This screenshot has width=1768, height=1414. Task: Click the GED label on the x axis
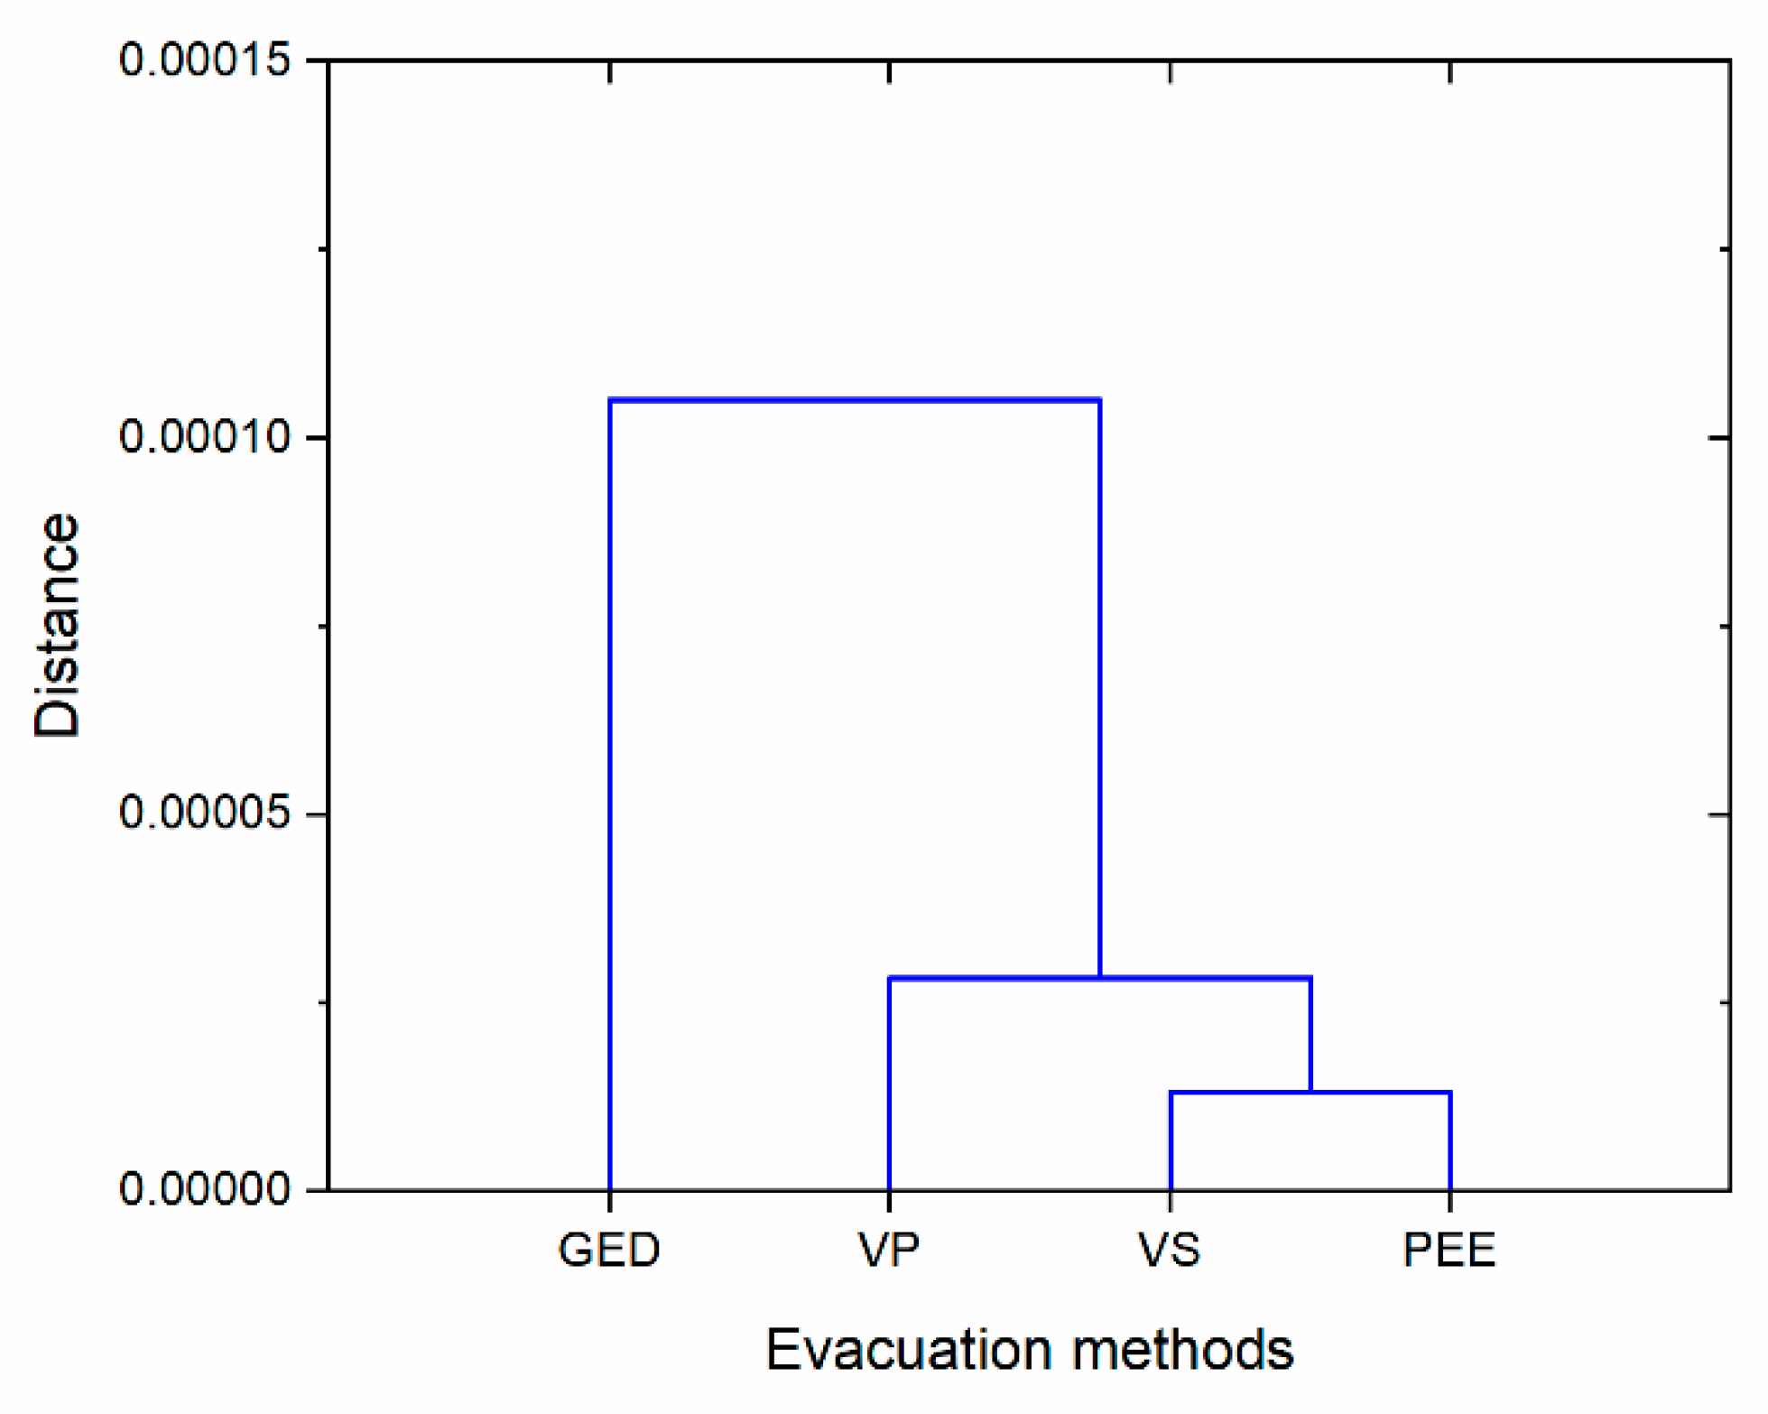[x=609, y=1251]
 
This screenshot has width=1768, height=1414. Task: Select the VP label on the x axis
[x=889, y=1251]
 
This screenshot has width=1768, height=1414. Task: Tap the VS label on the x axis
[x=1170, y=1251]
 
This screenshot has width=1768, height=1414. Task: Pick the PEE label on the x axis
[x=1449, y=1251]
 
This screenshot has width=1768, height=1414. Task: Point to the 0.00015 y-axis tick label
[x=205, y=60]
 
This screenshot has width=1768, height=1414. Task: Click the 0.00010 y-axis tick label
[x=205, y=437]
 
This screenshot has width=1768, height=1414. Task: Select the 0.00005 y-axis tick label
[x=205, y=814]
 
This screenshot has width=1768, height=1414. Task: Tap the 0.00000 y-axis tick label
[x=205, y=1189]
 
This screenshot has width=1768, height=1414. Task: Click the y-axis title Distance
[x=57, y=625]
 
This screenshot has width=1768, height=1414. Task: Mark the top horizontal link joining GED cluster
[x=855, y=399]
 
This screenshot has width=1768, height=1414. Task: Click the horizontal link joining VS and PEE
[x=1310, y=1093]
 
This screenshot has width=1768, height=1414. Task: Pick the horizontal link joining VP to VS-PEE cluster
[x=1099, y=978]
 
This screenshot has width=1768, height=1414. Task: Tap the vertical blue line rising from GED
[x=610, y=795]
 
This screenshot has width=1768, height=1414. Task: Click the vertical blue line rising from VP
[x=890, y=1084]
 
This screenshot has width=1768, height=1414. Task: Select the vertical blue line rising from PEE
[x=1450, y=1141]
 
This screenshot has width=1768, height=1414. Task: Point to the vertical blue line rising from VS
[x=1171, y=1141]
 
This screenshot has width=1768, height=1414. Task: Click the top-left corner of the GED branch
[x=611, y=400]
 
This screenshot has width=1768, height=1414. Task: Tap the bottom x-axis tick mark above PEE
[x=1450, y=1200]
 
